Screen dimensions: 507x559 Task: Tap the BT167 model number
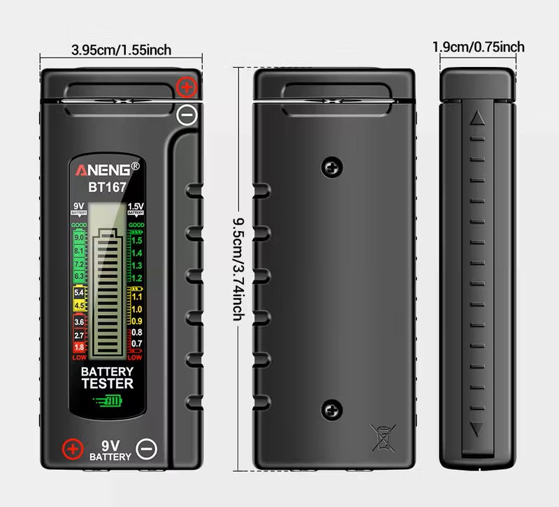pyautogui.click(x=106, y=187)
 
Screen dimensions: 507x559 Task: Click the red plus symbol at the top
pyautogui.click(x=187, y=87)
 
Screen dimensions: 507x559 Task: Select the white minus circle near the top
pyautogui.click(x=187, y=114)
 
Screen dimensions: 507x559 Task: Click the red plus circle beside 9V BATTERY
pyautogui.click(x=71, y=448)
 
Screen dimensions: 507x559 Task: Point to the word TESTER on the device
pyautogui.click(x=107, y=383)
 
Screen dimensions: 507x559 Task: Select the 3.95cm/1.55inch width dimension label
pyautogui.click(x=122, y=50)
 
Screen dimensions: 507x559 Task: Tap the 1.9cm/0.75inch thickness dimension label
pyautogui.click(x=478, y=47)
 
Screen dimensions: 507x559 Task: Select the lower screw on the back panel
pyautogui.click(x=333, y=410)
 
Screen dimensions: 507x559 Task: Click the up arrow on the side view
pyautogui.click(x=478, y=118)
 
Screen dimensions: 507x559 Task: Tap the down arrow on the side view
pyautogui.click(x=478, y=428)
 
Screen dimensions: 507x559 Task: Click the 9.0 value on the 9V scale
pyautogui.click(x=79, y=238)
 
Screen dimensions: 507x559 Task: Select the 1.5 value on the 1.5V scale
pyautogui.click(x=137, y=240)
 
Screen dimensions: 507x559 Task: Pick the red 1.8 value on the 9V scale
pyautogui.click(x=79, y=347)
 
